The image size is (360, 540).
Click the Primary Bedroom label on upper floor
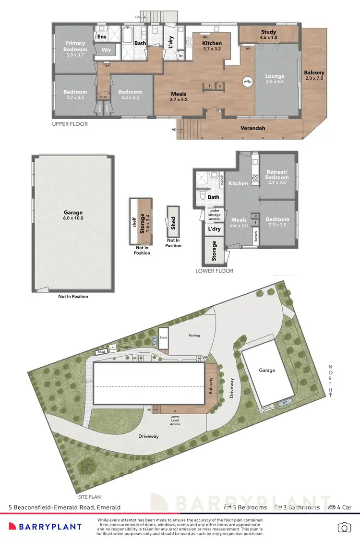75,46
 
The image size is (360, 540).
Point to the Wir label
106,49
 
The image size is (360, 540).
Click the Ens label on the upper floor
102,36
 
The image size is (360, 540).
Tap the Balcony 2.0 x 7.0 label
314,76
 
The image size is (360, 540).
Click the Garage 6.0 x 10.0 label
73,216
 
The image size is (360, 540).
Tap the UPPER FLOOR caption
70,124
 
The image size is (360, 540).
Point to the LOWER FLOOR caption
215,271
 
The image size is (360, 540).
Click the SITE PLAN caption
90,498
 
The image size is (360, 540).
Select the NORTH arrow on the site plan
330,381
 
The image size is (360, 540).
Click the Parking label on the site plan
194,336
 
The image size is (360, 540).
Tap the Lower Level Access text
175,421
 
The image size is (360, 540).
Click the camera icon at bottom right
344,527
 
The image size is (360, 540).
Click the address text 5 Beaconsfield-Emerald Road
65,507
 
